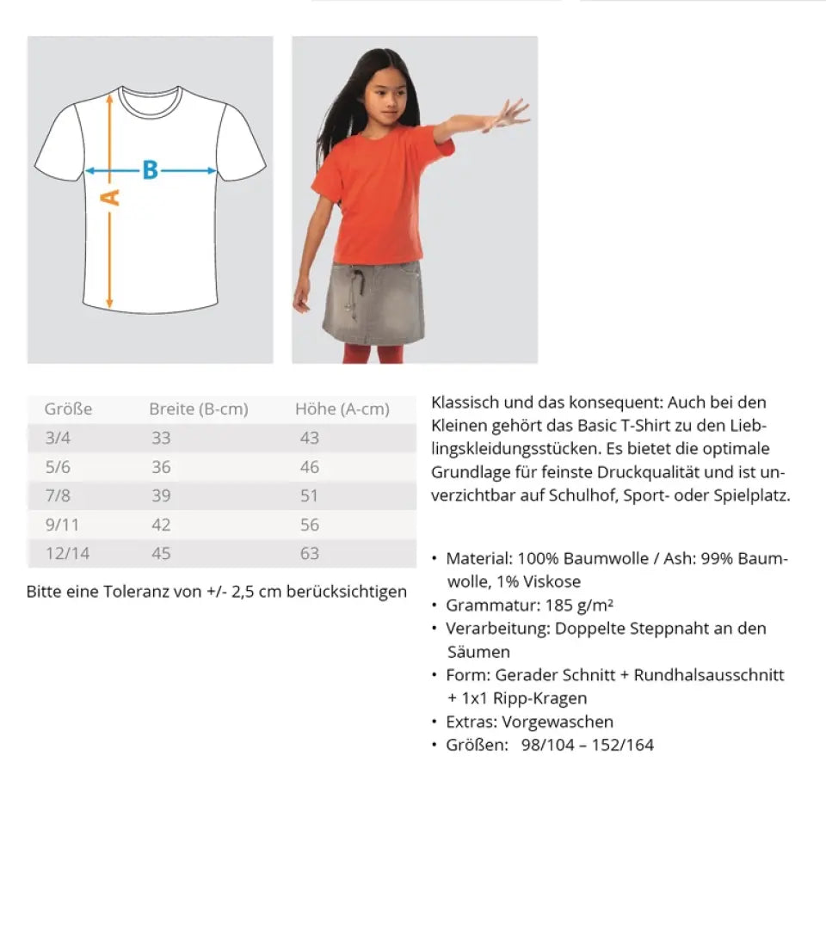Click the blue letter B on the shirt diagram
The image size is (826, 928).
pos(151,170)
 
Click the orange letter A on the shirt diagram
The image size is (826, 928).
pos(111,198)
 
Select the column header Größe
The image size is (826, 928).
pos(68,409)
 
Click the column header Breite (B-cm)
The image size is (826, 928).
pos(198,409)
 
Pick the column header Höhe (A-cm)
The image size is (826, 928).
pos(342,409)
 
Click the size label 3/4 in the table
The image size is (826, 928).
pos(59,438)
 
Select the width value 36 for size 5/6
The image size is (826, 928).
pos(161,467)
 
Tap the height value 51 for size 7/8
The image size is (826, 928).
pos(309,495)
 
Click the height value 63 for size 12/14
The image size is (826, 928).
pos(309,553)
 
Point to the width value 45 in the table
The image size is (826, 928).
pos(161,553)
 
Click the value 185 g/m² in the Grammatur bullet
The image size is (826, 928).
pos(577,605)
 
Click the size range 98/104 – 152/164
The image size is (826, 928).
pos(587,745)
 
